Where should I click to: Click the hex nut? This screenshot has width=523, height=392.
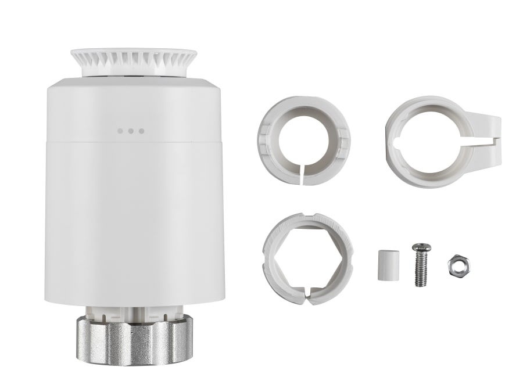coord(458,266)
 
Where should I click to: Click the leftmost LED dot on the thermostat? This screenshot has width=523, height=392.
coord(120,131)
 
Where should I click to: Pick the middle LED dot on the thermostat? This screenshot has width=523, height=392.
coord(130,131)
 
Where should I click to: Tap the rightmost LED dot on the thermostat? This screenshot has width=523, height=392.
coord(141,131)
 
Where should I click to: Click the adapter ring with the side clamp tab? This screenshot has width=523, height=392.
coord(433,141)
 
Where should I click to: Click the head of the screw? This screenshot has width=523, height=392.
coord(421,249)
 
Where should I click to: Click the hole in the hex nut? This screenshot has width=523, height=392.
coord(458,266)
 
